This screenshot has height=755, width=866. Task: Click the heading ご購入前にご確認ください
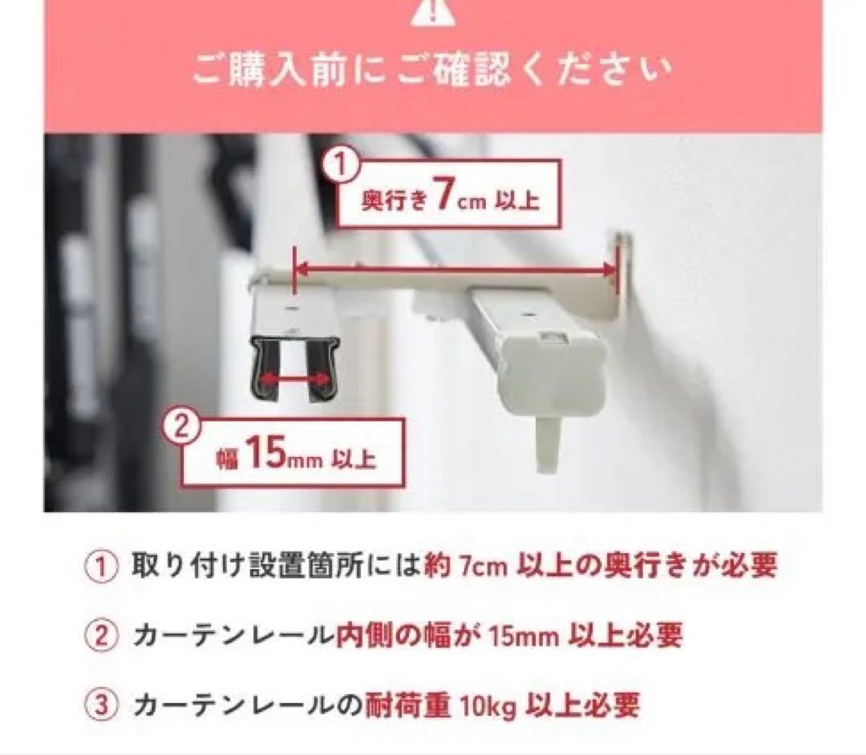click(432, 71)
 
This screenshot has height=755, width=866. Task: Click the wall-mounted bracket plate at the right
click(619, 277)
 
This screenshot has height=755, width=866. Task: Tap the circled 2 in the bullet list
click(101, 637)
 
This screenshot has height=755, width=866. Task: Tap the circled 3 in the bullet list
click(101, 706)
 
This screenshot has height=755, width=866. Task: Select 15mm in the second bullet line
click(525, 637)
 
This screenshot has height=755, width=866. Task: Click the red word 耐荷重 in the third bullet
click(411, 706)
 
